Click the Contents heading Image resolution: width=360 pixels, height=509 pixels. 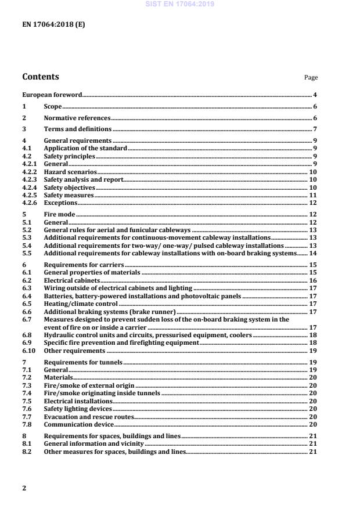pyautogui.click(x=40, y=77)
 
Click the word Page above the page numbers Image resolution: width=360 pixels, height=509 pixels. pyautogui.click(x=311, y=78)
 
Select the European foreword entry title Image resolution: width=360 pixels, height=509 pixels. pyautogui.click(x=52, y=94)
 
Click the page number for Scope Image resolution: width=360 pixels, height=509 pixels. pyautogui.click(x=315, y=106)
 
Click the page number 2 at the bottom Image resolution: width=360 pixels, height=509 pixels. pyautogui.click(x=24, y=488)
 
